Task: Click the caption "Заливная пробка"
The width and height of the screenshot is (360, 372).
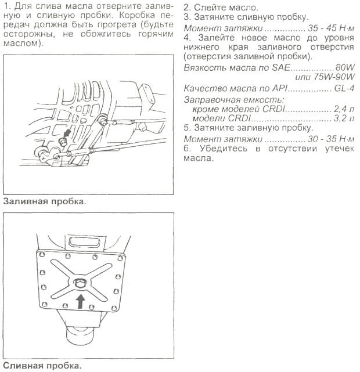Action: click(44, 203)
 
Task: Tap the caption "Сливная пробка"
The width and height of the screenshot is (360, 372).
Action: click(41, 366)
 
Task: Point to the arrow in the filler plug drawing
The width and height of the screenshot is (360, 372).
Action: click(67, 134)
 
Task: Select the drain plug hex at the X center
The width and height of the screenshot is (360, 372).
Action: click(80, 283)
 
